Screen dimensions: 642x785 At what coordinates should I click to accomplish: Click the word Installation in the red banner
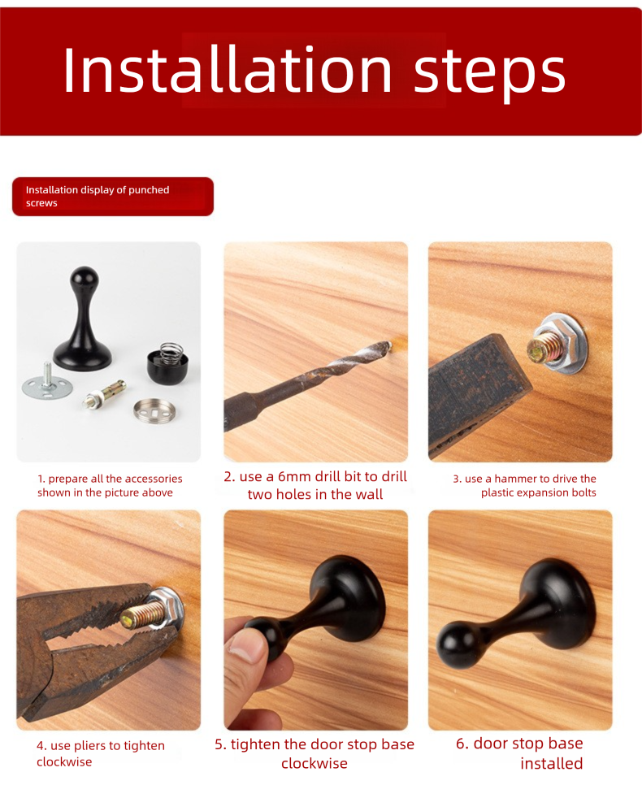227,70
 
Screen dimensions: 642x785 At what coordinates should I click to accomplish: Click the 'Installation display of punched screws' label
113,197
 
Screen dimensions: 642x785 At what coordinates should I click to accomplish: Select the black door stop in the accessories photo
83,319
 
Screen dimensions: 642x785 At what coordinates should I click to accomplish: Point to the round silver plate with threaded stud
47,384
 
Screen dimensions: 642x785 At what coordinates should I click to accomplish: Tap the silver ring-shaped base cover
154,410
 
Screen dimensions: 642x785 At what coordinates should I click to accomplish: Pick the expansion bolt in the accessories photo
105,393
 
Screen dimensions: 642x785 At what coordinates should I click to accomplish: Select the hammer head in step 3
478,392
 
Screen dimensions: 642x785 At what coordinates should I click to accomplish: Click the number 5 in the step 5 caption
219,744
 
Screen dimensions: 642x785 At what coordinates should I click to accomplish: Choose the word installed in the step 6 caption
551,764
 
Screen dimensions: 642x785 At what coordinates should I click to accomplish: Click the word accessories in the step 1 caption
154,479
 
